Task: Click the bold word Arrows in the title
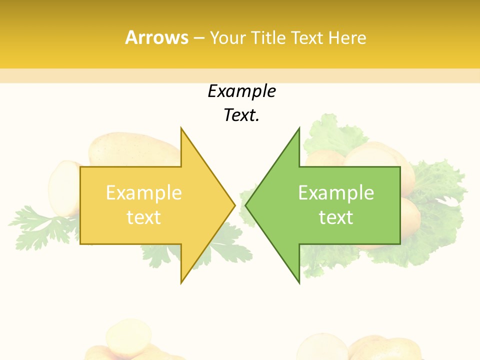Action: point(156,37)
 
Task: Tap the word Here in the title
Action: point(347,38)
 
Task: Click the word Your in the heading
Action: point(227,38)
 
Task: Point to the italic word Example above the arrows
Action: point(241,91)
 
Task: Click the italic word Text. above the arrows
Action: point(241,115)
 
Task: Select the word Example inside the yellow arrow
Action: point(143,193)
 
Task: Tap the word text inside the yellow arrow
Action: point(143,217)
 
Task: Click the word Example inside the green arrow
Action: point(336,193)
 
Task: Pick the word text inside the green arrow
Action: point(336,217)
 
